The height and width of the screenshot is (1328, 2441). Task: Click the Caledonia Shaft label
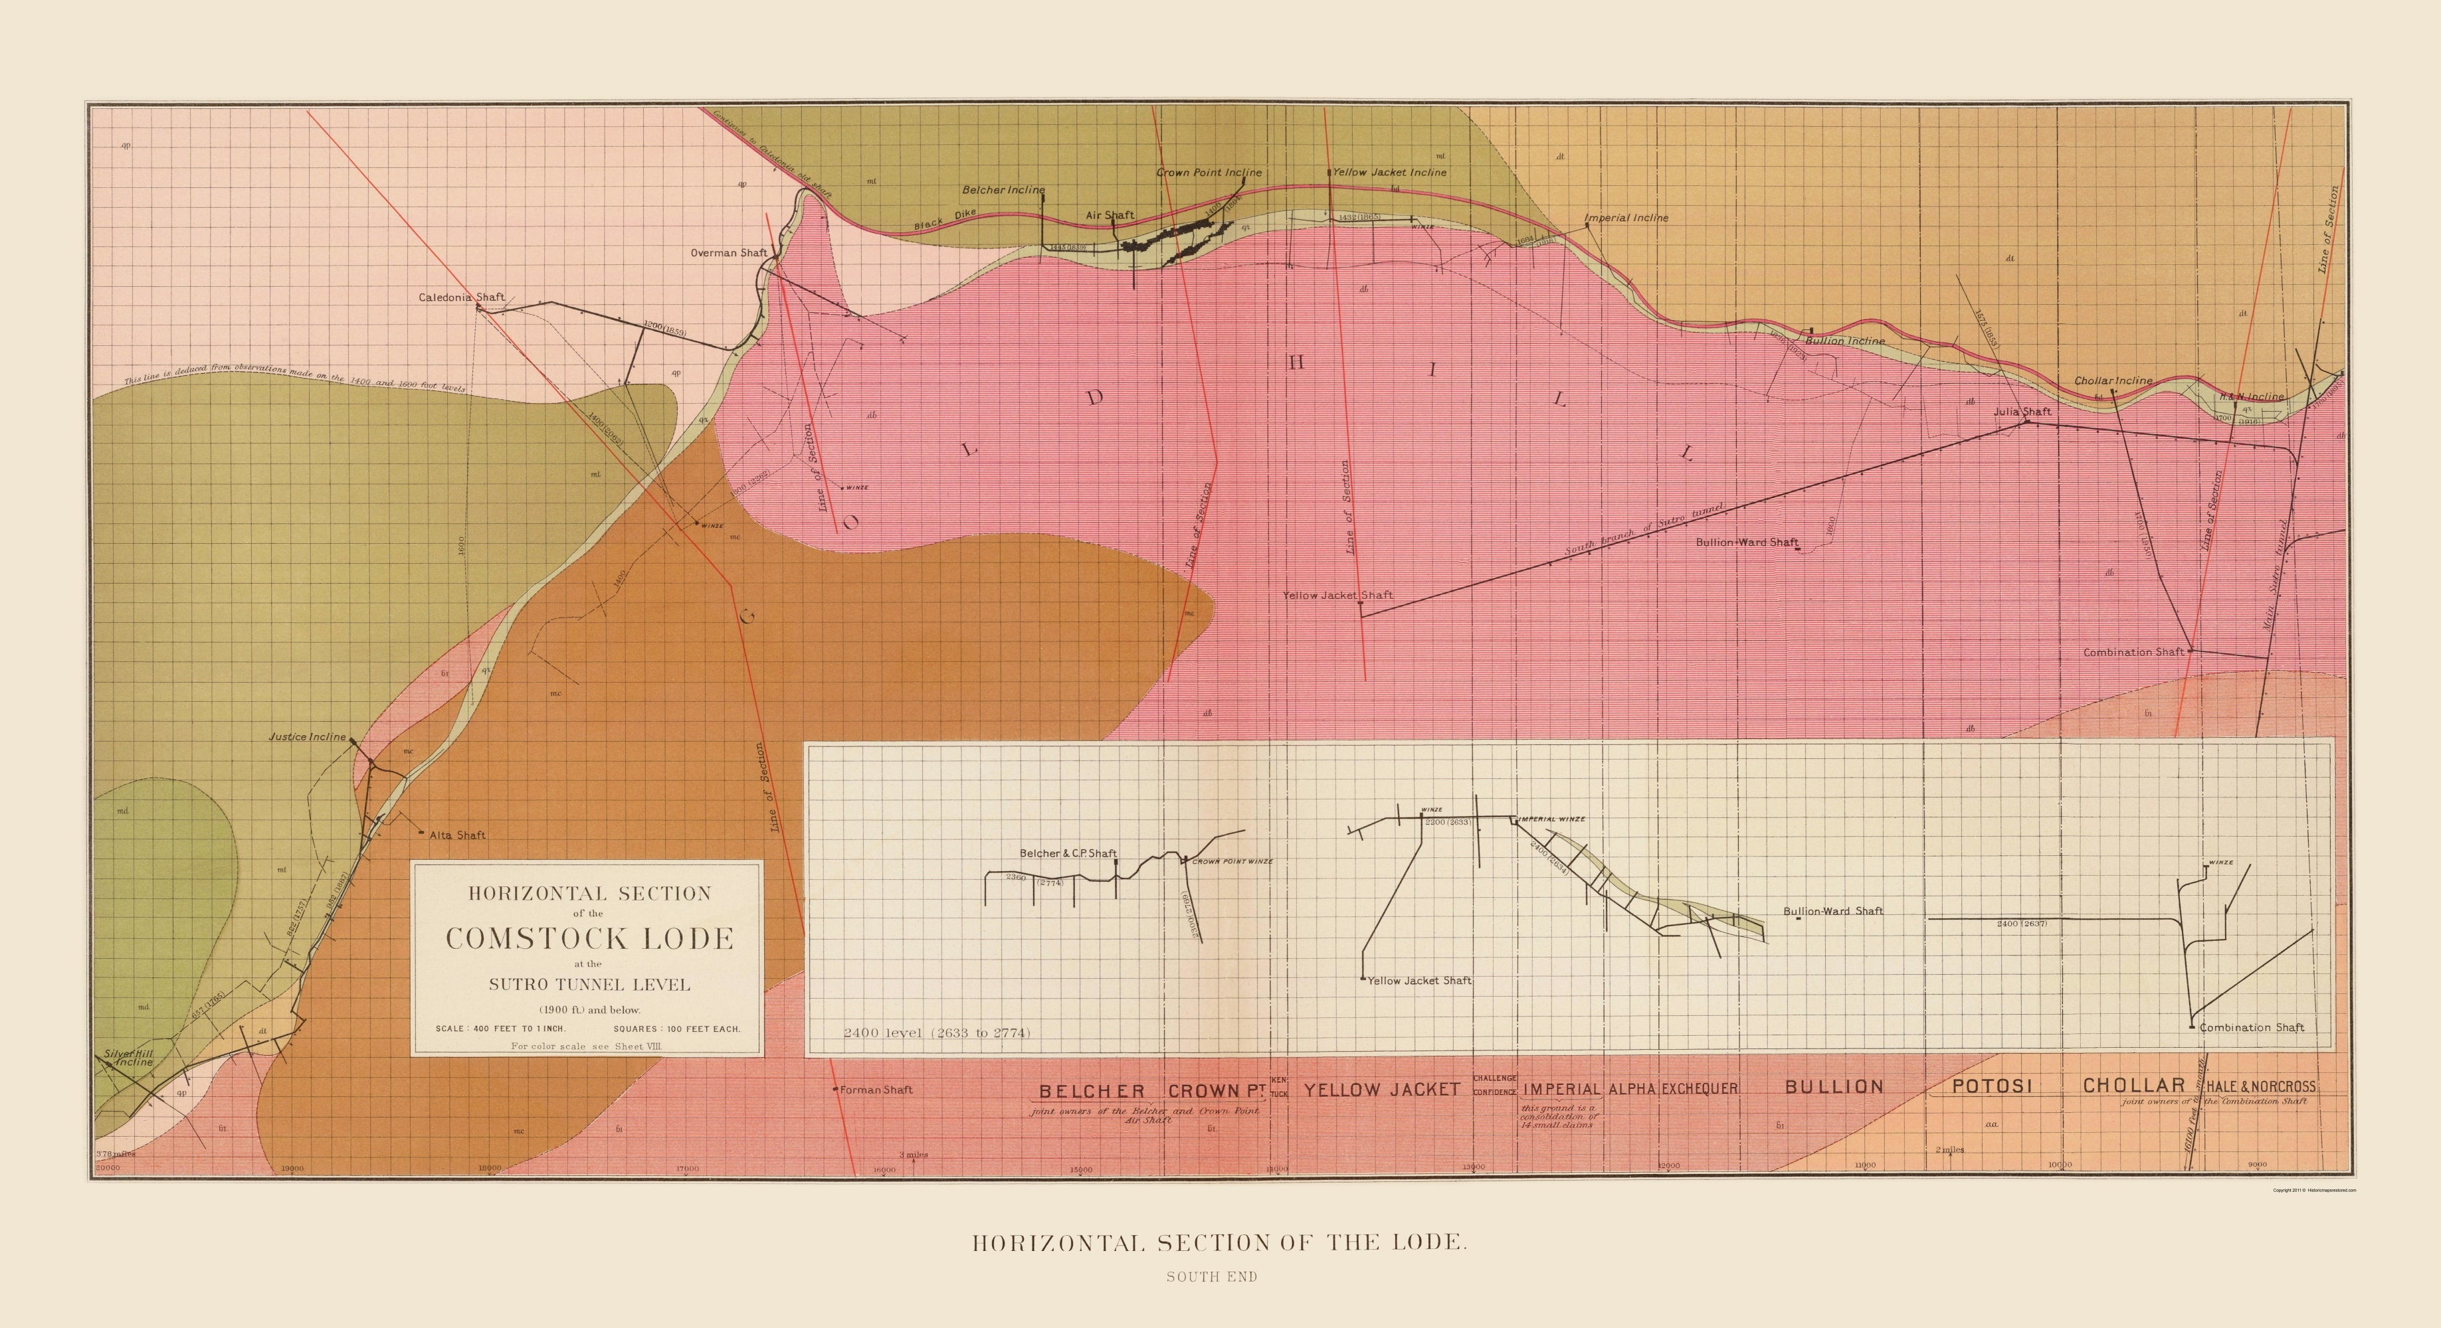point(462,297)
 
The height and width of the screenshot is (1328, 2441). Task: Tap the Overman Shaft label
point(728,253)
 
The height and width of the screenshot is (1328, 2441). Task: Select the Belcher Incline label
point(1003,189)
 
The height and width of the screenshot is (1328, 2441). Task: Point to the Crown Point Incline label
point(1208,173)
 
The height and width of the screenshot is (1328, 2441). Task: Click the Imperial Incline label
point(1626,218)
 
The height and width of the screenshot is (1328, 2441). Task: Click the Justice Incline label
point(307,737)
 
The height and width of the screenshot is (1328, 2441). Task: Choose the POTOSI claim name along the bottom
point(1990,1086)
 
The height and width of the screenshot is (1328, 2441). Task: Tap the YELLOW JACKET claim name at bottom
point(1381,1090)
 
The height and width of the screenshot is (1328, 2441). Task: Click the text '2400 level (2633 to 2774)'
point(936,1033)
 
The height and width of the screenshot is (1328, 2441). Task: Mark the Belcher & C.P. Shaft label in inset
point(1067,853)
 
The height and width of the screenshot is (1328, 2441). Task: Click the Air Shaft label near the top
point(1110,215)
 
